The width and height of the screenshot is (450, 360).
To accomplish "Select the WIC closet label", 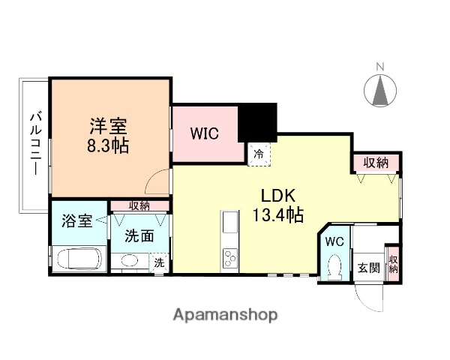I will click(x=203, y=134).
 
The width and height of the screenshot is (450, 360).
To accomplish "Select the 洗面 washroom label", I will click(x=140, y=236).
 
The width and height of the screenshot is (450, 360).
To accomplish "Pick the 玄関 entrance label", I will click(x=367, y=268).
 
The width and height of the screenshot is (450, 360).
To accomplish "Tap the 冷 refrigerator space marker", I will click(x=258, y=154).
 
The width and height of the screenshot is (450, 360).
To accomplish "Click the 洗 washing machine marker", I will click(x=159, y=262).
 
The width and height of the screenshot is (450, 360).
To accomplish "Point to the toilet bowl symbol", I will click(x=334, y=265).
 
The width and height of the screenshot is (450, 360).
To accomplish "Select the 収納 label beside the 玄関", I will click(x=394, y=263).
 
